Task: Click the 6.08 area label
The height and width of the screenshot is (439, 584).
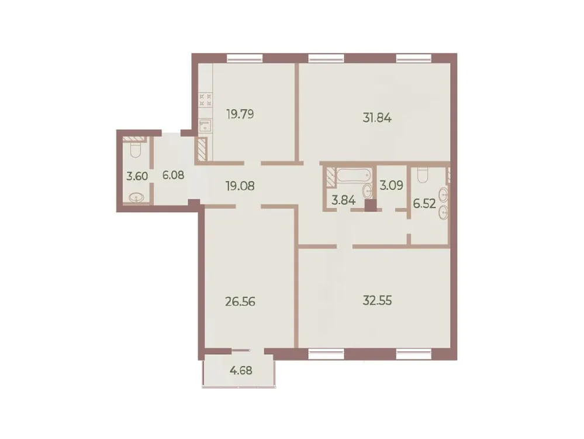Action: (x=174, y=174)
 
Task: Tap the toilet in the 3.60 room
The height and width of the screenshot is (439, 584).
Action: (x=134, y=151)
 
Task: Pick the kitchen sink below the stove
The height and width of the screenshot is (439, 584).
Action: (x=205, y=124)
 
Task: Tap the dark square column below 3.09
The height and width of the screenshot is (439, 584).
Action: (x=369, y=205)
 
